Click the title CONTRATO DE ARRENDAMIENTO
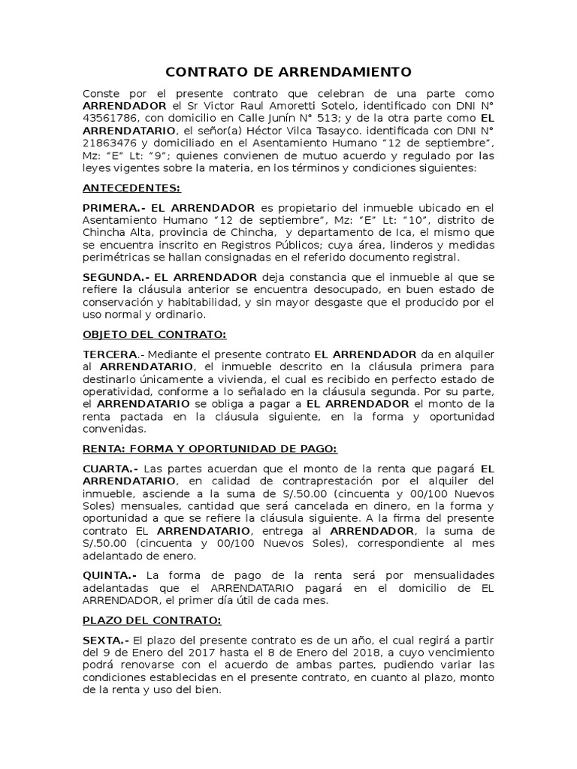(288, 72)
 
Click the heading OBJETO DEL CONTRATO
(154, 334)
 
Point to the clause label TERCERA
(110, 354)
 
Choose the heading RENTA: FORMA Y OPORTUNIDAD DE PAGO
(210, 448)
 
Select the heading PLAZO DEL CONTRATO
(152, 620)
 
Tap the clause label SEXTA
(104, 640)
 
